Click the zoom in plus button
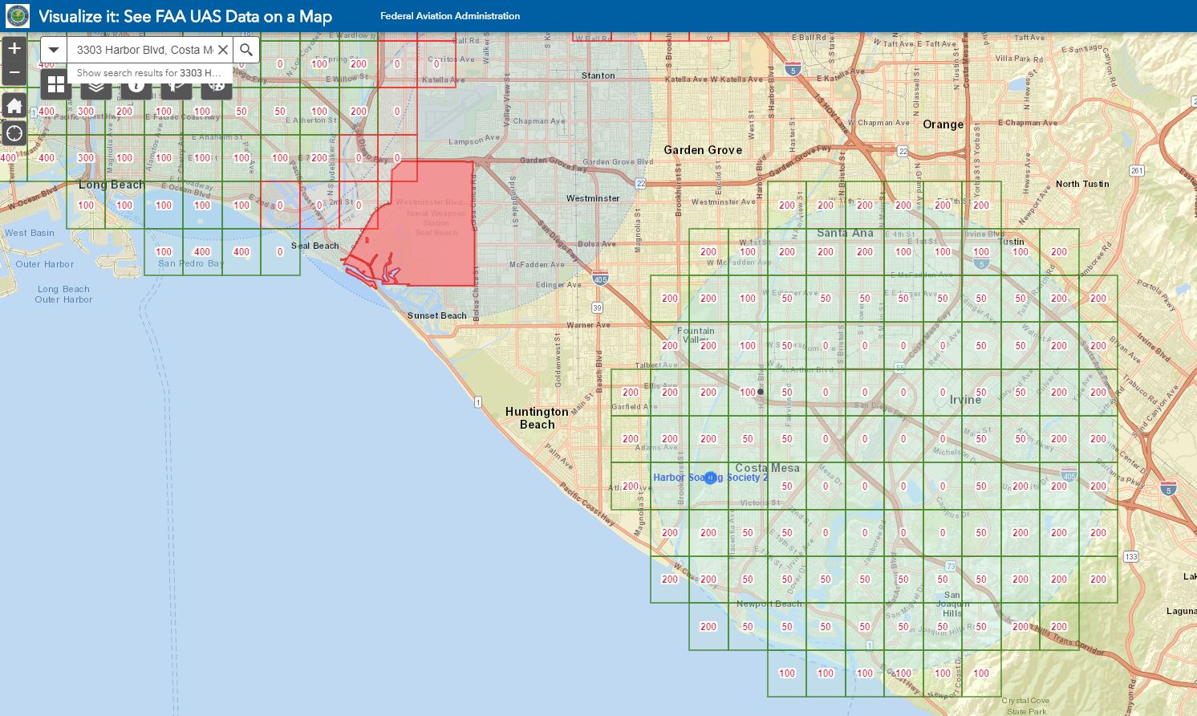14,49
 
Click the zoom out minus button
14,72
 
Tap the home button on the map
14,106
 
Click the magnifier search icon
246,50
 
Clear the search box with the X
223,50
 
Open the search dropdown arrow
54,50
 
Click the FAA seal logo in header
18,16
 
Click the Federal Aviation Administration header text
450,16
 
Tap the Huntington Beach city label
537,418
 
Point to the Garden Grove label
703,150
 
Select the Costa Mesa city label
768,468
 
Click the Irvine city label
965,400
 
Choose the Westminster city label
593,198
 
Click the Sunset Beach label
436,315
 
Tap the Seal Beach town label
314,246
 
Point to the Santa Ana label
845,233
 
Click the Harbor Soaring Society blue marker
710,478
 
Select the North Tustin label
1082,184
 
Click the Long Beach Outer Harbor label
63,295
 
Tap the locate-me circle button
14,133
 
